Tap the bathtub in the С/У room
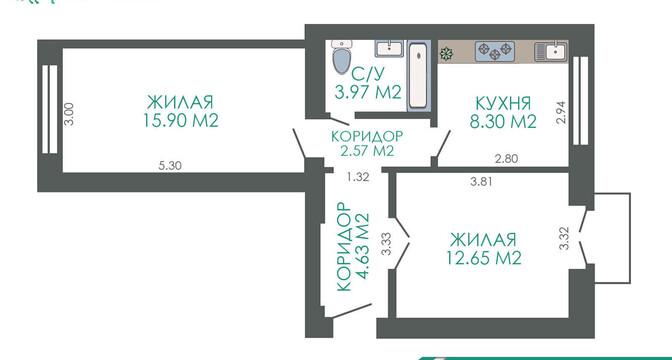click(417, 75)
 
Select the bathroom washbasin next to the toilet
click(389, 48)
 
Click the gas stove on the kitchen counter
click(495, 50)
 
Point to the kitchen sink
click(551, 51)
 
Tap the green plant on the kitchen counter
click(447, 54)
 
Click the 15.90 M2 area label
click(181, 121)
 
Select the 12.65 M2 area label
click(484, 258)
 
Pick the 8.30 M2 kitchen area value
click(503, 122)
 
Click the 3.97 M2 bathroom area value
click(368, 93)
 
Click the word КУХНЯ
click(504, 103)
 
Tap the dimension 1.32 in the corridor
click(358, 177)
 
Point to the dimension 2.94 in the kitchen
click(562, 112)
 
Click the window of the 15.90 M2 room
click(50, 109)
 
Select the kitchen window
click(581, 101)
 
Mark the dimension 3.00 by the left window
click(69, 114)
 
